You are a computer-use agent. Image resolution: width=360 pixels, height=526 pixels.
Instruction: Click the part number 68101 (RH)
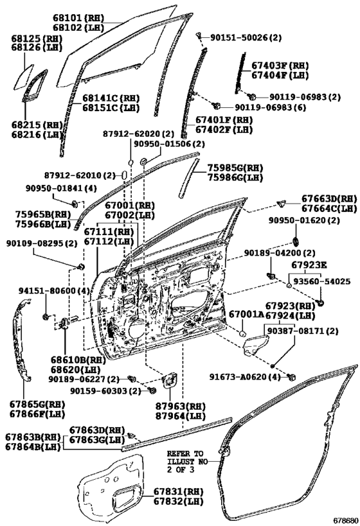coord(78,18)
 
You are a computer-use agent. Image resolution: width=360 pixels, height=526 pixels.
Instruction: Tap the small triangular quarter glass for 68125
coord(24,77)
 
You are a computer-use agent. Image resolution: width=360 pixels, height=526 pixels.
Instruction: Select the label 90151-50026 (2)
coord(246,37)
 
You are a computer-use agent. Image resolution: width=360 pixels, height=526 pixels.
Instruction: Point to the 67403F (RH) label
coord(280,66)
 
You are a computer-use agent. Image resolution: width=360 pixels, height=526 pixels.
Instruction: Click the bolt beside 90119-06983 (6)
coord(217,107)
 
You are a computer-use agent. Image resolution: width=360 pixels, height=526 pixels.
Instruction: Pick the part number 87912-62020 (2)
coord(138,134)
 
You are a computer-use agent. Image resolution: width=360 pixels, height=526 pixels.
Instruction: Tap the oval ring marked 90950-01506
coord(143,161)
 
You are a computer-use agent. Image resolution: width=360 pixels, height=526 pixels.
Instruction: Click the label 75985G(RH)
coord(235,168)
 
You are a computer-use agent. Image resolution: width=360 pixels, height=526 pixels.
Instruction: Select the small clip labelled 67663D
coord(281,204)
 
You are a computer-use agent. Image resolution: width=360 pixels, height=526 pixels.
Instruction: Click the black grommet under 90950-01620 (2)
coord(296,241)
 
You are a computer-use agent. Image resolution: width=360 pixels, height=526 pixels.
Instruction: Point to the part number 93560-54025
coord(322,281)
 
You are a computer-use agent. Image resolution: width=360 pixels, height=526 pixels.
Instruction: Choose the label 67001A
coord(246,314)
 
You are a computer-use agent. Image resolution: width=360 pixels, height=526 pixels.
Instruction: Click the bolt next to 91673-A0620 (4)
coord(292,377)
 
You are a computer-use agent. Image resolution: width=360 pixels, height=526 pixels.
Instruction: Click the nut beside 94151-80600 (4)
coord(45,317)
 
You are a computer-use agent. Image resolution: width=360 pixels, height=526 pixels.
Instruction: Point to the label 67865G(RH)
coord(37,405)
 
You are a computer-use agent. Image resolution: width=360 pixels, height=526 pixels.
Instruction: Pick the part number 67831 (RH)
coord(179,492)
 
